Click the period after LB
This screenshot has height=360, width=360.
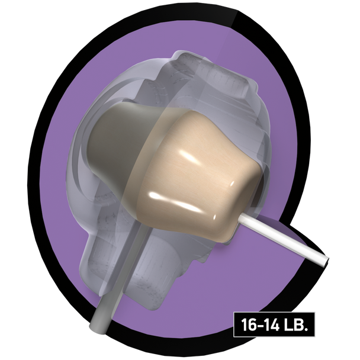click(x=305, y=329)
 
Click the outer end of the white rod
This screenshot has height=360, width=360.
click(x=326, y=262)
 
